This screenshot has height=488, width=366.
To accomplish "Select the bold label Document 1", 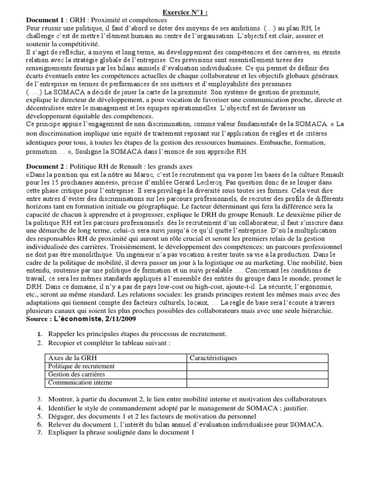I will click(x=44, y=20).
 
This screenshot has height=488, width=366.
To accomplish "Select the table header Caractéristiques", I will click(x=213, y=358).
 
